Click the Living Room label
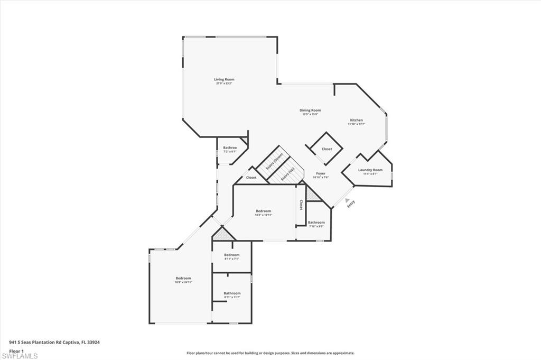tap(224, 79)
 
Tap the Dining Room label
tap(311, 110)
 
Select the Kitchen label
tap(356, 120)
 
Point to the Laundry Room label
tap(370, 170)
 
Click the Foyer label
tap(321, 173)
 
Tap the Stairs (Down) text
tap(275, 161)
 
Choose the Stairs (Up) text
tap(287, 174)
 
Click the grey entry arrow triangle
tap(347, 200)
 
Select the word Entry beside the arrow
tap(351, 204)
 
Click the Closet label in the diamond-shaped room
tap(327, 149)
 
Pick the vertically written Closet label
tap(301, 205)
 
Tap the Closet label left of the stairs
tap(251, 178)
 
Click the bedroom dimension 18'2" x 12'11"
tap(263, 215)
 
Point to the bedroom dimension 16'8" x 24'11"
tap(183, 282)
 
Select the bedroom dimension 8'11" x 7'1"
tap(231, 259)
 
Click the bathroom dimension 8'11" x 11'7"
tap(232, 297)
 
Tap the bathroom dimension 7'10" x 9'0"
tap(316, 226)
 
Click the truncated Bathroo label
tap(229, 147)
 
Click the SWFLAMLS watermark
tap(20, 356)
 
